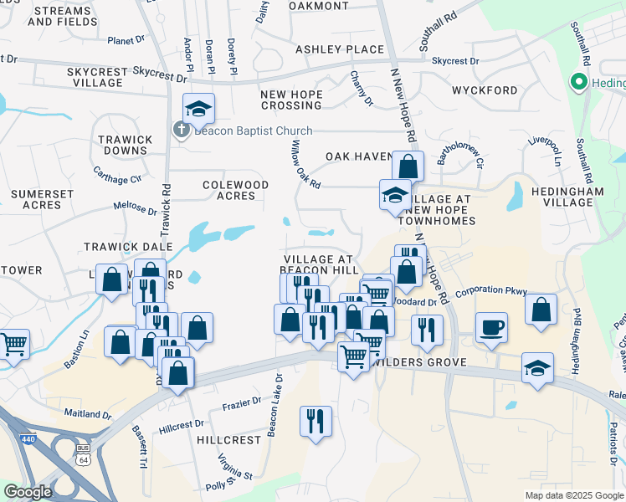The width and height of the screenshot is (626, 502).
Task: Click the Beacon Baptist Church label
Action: click(253, 131)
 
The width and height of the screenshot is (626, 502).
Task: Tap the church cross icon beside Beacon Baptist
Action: click(181, 130)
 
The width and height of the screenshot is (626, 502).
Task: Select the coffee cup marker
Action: click(491, 327)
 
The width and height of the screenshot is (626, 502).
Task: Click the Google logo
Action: click(28, 492)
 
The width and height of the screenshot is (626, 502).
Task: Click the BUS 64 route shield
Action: click(82, 459)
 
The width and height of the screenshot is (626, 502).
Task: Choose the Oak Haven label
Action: click(359, 156)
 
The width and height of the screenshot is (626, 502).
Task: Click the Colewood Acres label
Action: click(235, 190)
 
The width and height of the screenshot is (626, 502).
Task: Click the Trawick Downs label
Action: click(125, 146)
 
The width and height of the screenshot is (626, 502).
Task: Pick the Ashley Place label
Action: click(339, 49)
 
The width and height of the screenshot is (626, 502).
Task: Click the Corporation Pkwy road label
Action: click(491, 292)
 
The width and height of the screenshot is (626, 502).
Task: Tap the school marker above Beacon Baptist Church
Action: click(198, 108)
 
